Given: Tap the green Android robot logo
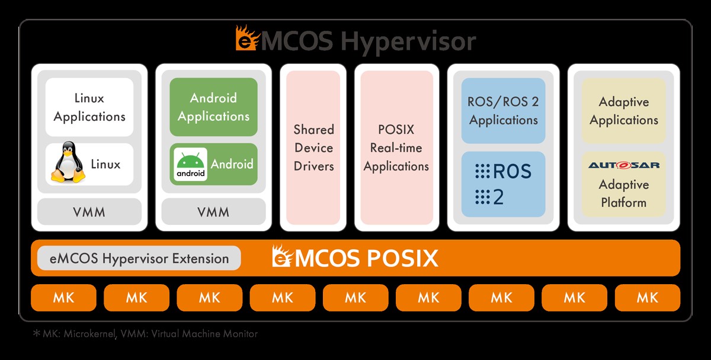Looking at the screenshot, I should [x=191, y=164].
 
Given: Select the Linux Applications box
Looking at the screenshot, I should [x=89, y=107].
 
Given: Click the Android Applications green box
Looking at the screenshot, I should [x=213, y=107].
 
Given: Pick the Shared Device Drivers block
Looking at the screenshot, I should [x=313, y=148].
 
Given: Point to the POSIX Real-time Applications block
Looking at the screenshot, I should [x=396, y=148].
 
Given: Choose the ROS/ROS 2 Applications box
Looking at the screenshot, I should [x=503, y=111].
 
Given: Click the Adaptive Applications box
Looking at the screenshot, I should [x=623, y=111].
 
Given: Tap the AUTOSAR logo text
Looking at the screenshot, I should [x=623, y=165].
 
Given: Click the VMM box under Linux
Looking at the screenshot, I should [x=89, y=212].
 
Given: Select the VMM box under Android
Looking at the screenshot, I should [x=213, y=212].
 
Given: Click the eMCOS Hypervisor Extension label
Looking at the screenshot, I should [x=139, y=259].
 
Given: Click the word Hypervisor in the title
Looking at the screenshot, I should [x=409, y=42].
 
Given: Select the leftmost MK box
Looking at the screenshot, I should [x=63, y=298].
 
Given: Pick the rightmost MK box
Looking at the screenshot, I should [x=647, y=298].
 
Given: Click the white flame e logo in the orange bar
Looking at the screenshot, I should [x=281, y=257].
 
